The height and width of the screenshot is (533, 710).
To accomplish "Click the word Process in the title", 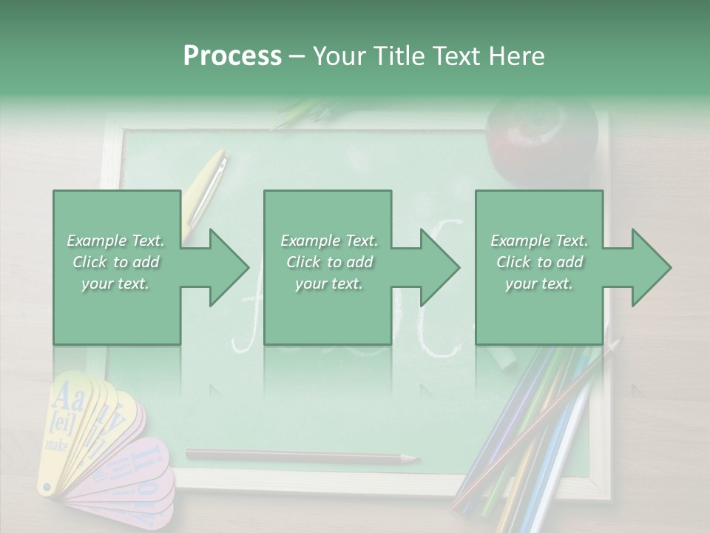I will (232, 56).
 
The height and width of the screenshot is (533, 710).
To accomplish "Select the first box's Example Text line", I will (115, 241).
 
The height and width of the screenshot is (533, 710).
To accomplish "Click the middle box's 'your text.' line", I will (328, 284).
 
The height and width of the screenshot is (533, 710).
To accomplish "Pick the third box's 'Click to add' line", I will (539, 262).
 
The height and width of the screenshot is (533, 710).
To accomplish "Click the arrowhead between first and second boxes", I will (229, 267).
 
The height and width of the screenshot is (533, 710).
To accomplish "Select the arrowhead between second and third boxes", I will (440, 267).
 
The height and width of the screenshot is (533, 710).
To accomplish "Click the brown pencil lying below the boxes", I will (296, 456).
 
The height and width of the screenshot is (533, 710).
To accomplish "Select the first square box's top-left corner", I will (54, 192).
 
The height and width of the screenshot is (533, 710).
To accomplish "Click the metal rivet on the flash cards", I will (47, 487).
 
